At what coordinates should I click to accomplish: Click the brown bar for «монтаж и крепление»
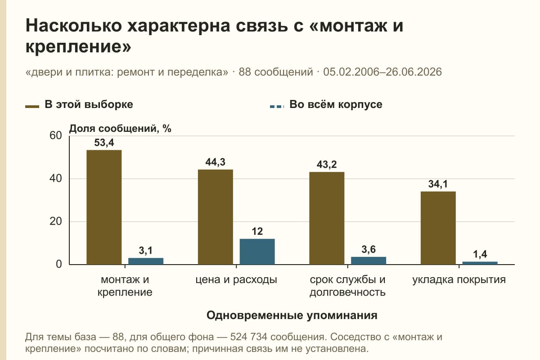pyautogui.click(x=104, y=207)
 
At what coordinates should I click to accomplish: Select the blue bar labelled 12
pyautogui.click(x=257, y=252)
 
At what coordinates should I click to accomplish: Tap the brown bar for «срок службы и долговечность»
pyautogui.click(x=327, y=218)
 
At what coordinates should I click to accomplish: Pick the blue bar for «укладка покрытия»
pyautogui.click(x=480, y=263)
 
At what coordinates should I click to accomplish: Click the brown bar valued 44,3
pyautogui.click(x=215, y=217)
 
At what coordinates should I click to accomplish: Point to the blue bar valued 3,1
pyautogui.click(x=146, y=261)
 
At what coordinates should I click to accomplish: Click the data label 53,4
pyautogui.click(x=104, y=143)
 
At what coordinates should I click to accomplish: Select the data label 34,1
pyautogui.click(x=438, y=184)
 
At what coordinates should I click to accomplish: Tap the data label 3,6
pyautogui.click(x=369, y=249)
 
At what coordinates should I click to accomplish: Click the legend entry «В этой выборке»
pyautogui.click(x=79, y=105)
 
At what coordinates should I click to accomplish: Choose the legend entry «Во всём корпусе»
pyautogui.click(x=326, y=105)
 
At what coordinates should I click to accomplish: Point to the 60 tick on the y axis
pyautogui.click(x=56, y=135)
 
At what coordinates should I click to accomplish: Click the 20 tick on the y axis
pyautogui.click(x=56, y=221)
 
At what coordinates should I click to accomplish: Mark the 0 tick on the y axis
pyautogui.click(x=59, y=265)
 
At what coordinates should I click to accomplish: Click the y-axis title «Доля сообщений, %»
pyautogui.click(x=120, y=129)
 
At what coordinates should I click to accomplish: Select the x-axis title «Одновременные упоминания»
pyautogui.click(x=292, y=315)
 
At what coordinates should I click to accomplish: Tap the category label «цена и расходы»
pyautogui.click(x=236, y=280)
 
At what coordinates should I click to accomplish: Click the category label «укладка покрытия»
pyautogui.click(x=459, y=280)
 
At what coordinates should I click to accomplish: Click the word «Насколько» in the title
pyautogui.click(x=73, y=26)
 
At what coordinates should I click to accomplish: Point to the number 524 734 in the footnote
pyautogui.click(x=248, y=337)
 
